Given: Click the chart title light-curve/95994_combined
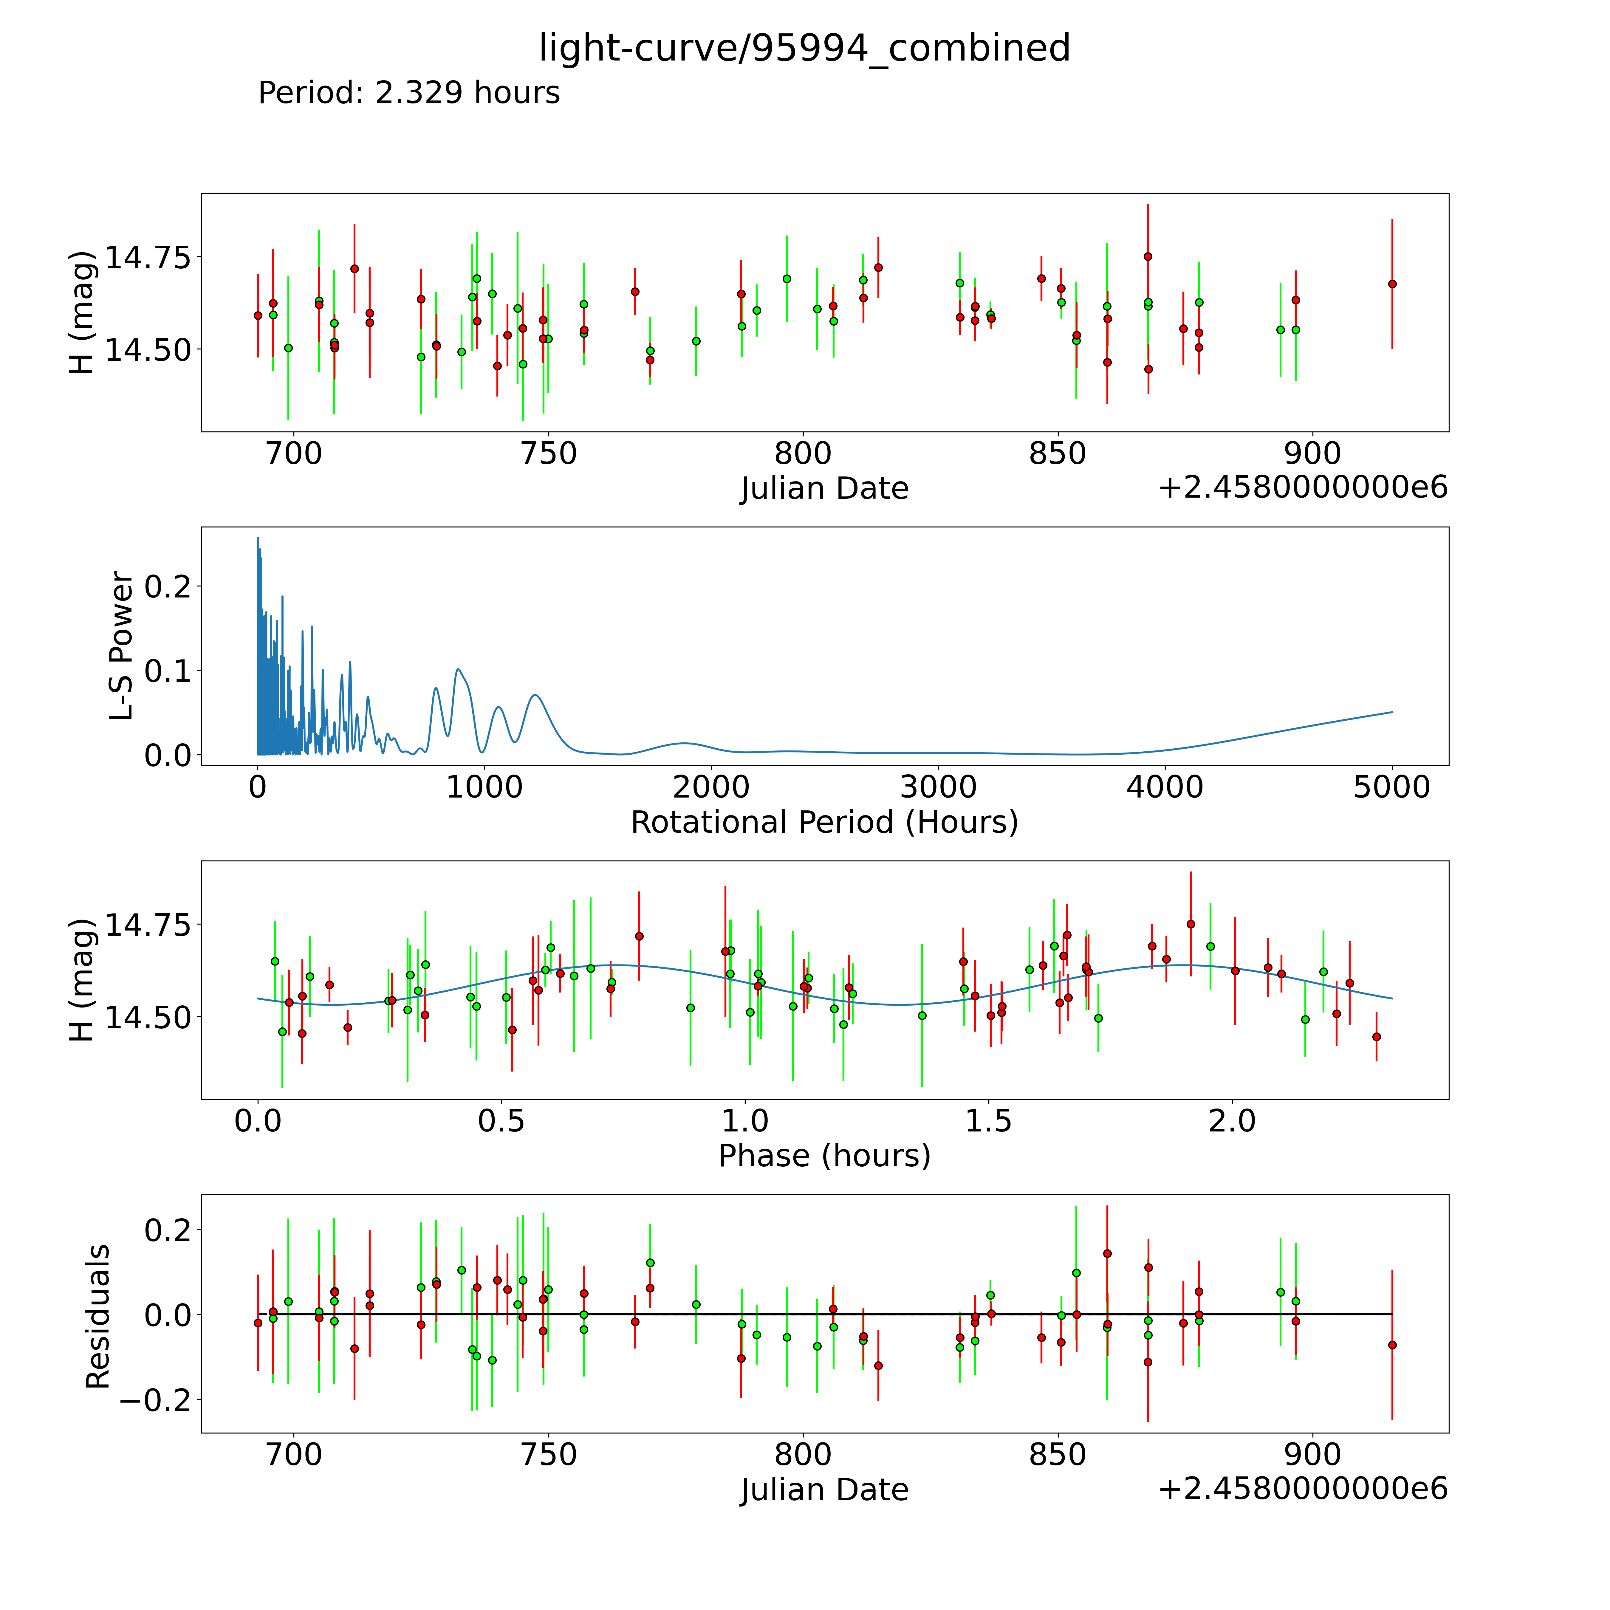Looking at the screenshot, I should click(x=804, y=48).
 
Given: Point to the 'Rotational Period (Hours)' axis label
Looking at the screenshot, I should click(x=824, y=823).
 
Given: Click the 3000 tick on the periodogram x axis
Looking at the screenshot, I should click(x=938, y=787).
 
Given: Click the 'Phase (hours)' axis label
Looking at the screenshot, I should click(x=824, y=1156).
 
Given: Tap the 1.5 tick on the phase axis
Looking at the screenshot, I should click(x=988, y=1121).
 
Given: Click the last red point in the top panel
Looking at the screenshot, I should click(x=1392, y=284).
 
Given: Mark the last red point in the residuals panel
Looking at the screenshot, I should click(x=1392, y=1345).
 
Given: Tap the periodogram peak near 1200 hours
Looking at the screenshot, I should click(x=535, y=695).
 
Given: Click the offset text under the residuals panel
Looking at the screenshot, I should click(x=1303, y=1488).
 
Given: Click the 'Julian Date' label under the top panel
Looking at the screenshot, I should click(x=824, y=488).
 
